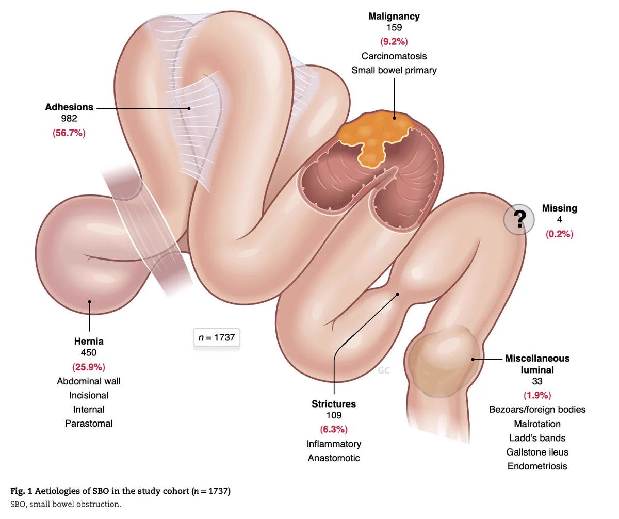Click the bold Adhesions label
pyautogui.click(x=69, y=107)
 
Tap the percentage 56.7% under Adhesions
pyautogui.click(x=69, y=133)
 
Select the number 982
pyautogui.click(x=69, y=118)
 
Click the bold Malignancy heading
pyautogui.click(x=394, y=17)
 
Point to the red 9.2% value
pyautogui.click(x=394, y=41)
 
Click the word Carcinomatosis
pyautogui.click(x=394, y=56)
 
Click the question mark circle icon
pyautogui.click(x=519, y=219)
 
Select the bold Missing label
pyautogui.click(x=559, y=208)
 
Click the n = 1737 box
pyautogui.click(x=217, y=337)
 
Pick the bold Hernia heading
pyautogui.click(x=89, y=342)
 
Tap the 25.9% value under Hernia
pyautogui.click(x=89, y=367)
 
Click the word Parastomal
pyautogui.click(x=89, y=424)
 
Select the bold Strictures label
pyautogui.click(x=334, y=404)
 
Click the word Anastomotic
pyautogui.click(x=334, y=458)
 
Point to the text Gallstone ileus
pyautogui.click(x=537, y=452)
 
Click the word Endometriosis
pyautogui.click(x=537, y=466)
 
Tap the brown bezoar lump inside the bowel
pyautogui.click(x=444, y=362)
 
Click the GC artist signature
pyautogui.click(x=384, y=371)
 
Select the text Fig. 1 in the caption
pyautogui.click(x=21, y=491)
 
